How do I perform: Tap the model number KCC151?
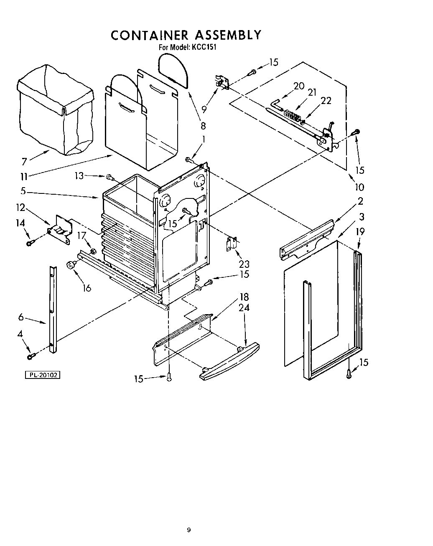[204, 47]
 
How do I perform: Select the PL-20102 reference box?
[42, 375]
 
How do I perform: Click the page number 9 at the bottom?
[189, 530]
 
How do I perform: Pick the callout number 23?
[244, 264]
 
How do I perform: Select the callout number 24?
[244, 307]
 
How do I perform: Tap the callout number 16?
[87, 287]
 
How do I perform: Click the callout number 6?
[21, 317]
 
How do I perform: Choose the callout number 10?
[359, 187]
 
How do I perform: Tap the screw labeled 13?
[110, 177]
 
